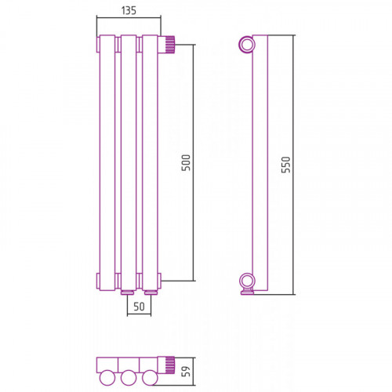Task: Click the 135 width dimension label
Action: (129, 10)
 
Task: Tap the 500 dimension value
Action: (186, 163)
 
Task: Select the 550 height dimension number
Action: (286, 165)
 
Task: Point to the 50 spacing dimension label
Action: (139, 307)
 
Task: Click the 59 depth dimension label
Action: (186, 372)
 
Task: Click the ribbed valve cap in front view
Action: (169, 45)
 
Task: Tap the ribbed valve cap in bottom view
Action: (169, 365)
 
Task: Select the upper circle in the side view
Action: (246, 45)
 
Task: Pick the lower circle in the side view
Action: (246, 281)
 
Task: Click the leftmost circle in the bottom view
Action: (107, 378)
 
